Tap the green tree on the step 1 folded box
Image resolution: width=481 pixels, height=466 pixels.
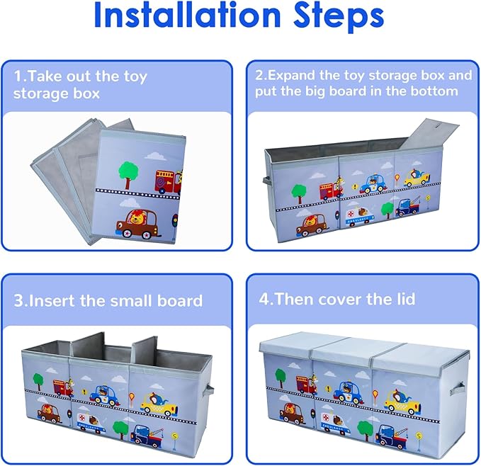pos(128,172)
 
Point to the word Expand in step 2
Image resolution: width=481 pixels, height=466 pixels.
pos(293,75)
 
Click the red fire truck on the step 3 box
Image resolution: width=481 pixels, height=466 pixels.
pos(63,388)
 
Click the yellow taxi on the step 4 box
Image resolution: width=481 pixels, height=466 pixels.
pos(402,402)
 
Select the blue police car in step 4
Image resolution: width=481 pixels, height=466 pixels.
pos(348,391)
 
